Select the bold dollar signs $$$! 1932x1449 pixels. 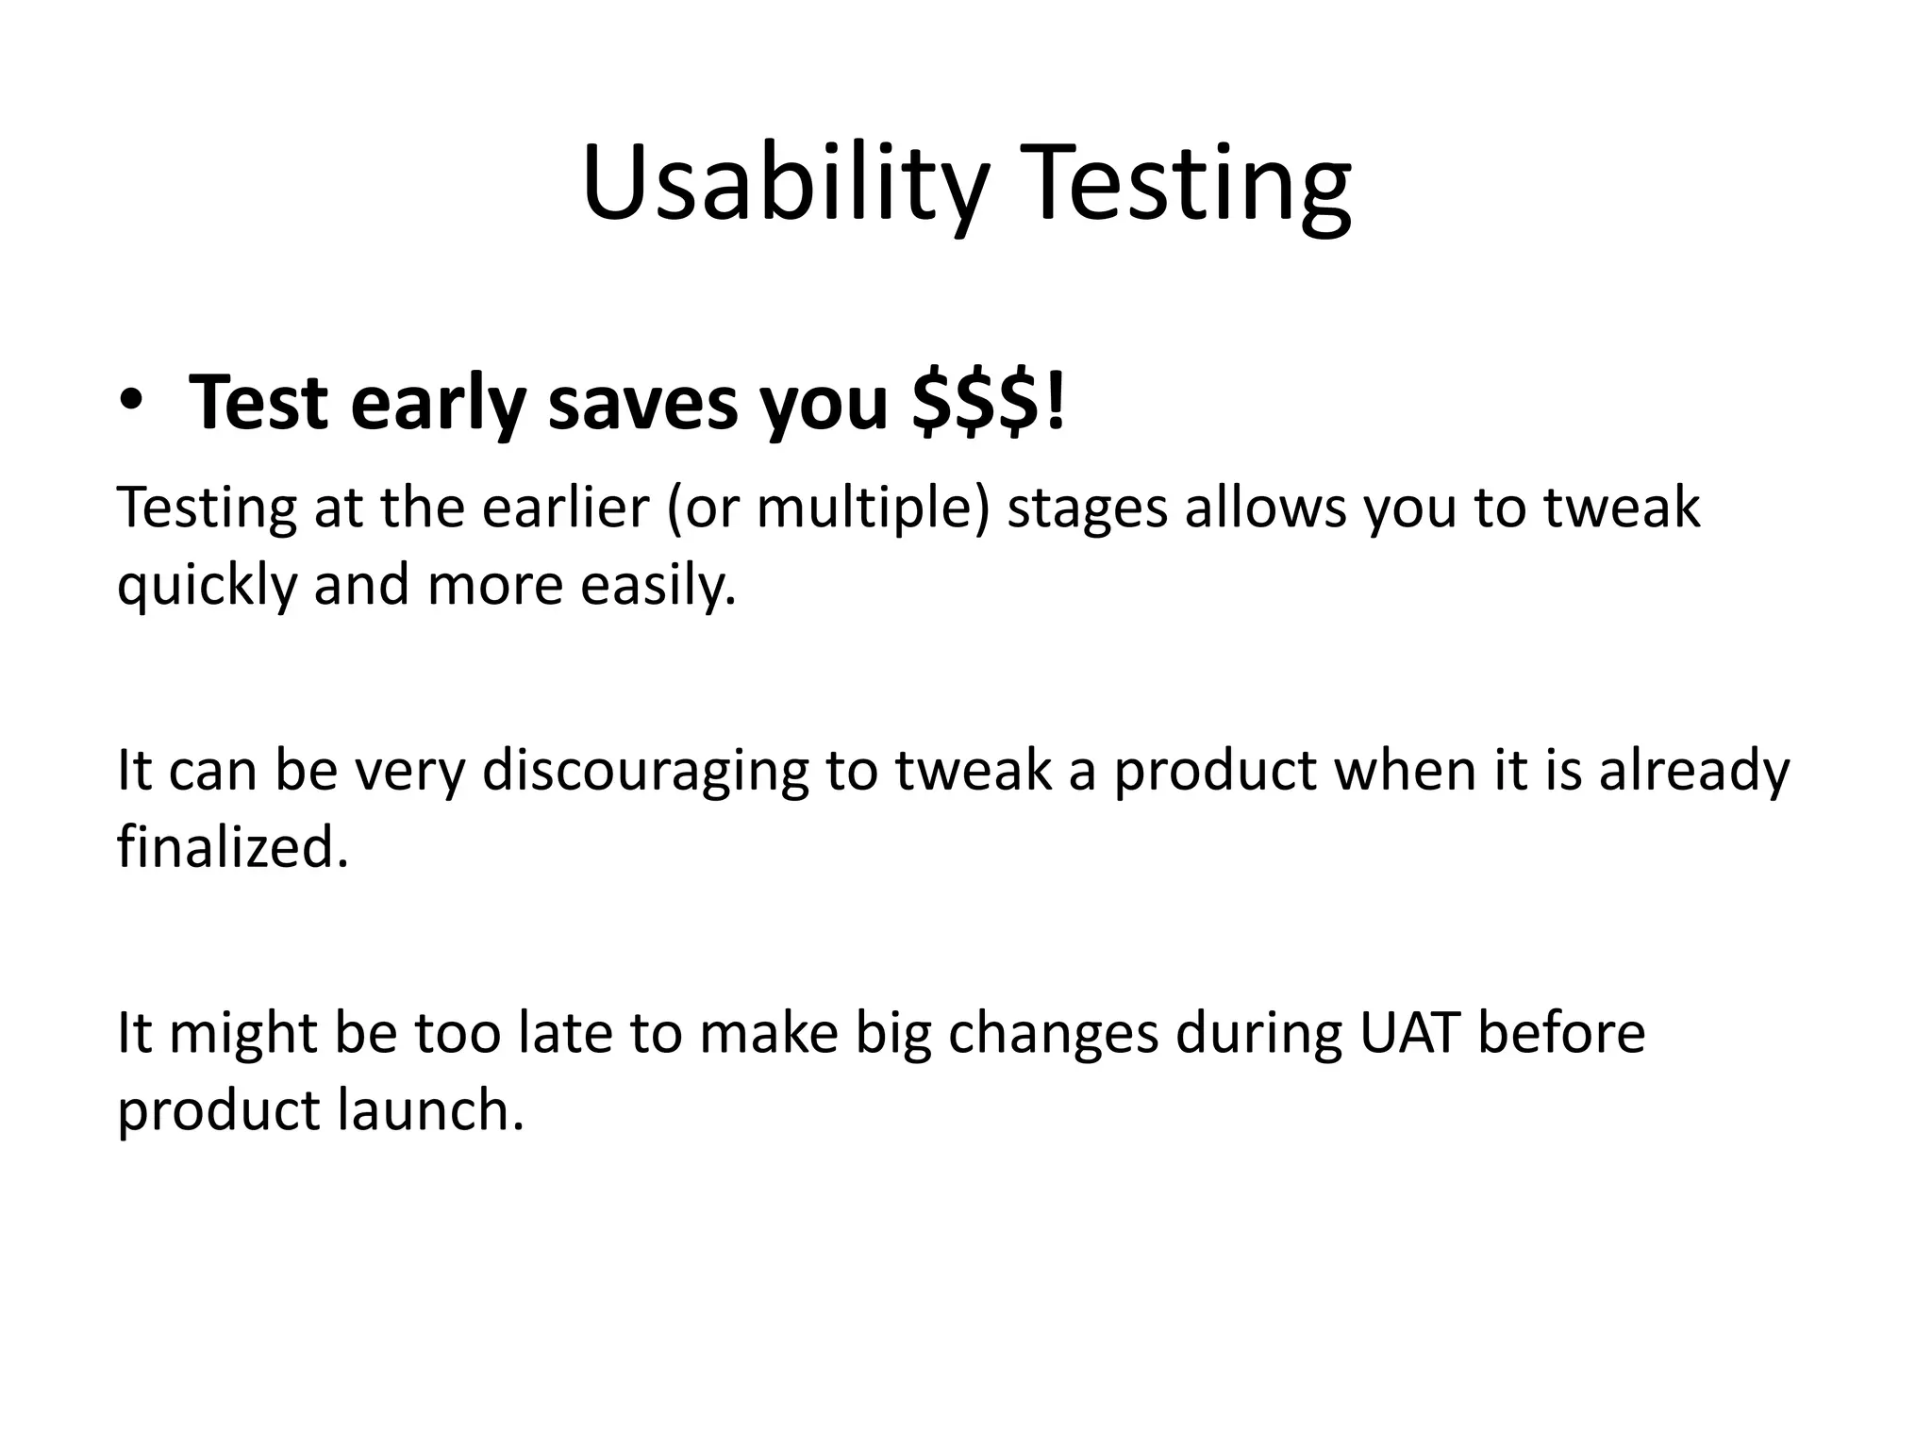(990, 402)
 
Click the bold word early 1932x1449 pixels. (438, 404)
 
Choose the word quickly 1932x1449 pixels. (207, 585)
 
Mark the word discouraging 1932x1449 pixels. (645, 770)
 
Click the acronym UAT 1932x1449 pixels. (1408, 1032)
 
